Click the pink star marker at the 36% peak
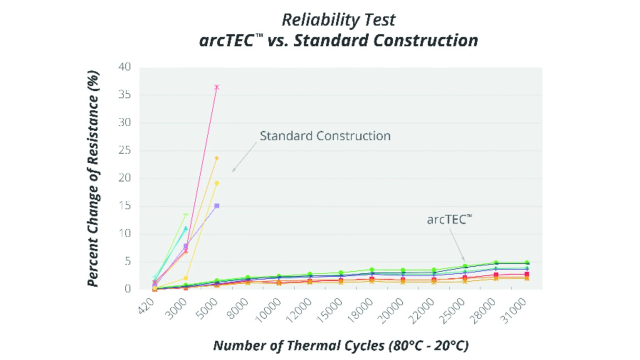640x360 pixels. coord(216,87)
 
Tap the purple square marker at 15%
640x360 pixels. coord(216,205)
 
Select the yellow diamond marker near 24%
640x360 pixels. coord(216,158)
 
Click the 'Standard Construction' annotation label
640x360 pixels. coord(325,135)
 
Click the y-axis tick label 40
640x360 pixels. coord(124,67)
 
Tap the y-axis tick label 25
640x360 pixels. coord(124,150)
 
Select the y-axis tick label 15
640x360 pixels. coord(124,206)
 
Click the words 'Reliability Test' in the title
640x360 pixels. coord(338,20)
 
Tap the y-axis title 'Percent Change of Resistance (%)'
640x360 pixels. coord(93,178)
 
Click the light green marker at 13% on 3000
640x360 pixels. coord(185,215)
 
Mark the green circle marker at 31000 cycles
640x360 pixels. coord(526,262)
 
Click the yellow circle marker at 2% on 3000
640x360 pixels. coord(185,278)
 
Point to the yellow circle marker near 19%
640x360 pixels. coord(216,183)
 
